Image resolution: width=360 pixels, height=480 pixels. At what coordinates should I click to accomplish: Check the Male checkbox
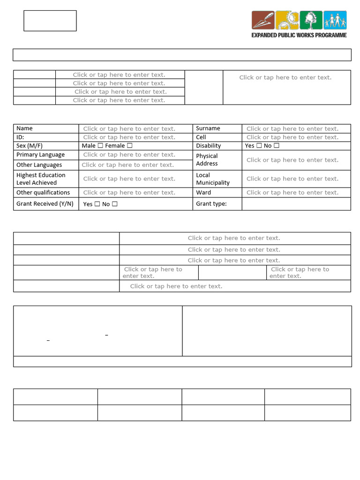(100, 146)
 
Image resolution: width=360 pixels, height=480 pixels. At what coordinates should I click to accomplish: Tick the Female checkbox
(129, 146)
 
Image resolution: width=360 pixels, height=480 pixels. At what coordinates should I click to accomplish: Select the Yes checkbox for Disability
(259, 146)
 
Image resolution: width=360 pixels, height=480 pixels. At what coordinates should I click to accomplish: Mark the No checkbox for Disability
(277, 146)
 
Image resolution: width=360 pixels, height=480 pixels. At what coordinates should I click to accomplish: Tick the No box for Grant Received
(115, 204)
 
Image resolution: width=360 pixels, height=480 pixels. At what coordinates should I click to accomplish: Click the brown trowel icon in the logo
(263, 20)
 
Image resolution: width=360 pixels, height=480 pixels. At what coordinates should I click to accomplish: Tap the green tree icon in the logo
(311, 20)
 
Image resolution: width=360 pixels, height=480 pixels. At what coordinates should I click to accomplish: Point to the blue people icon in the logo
(335, 20)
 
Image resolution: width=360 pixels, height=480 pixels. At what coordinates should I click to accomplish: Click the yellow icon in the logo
(287, 20)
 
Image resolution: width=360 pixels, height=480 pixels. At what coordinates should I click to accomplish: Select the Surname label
(208, 128)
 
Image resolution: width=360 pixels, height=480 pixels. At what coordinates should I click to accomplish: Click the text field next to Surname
(292, 128)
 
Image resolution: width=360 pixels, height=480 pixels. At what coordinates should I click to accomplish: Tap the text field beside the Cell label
(292, 137)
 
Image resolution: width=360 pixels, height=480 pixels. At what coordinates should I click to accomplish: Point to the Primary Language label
(41, 155)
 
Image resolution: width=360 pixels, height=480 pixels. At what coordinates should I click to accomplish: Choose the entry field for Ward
(292, 193)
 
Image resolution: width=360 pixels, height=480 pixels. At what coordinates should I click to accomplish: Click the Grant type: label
(211, 204)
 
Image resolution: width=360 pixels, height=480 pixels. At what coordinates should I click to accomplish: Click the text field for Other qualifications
(129, 193)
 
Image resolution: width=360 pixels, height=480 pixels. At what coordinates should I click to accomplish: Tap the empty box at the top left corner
(50, 21)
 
